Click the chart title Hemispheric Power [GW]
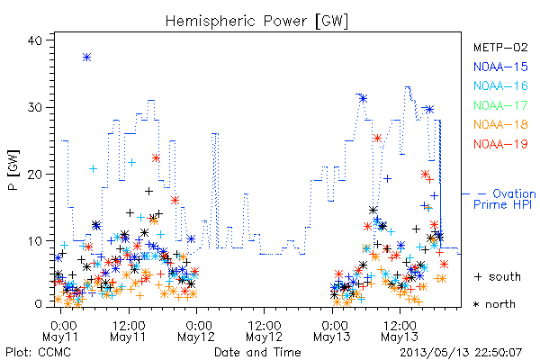tap(256, 22)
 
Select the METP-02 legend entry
tap(500, 47)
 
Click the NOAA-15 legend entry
tap(500, 67)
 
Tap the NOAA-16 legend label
tap(500, 85)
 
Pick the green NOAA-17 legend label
tap(500, 105)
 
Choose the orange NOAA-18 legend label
tap(500, 124)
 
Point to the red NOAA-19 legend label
tap(500, 144)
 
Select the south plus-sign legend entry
tap(498, 276)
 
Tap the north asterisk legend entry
tap(494, 304)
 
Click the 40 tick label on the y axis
tap(34, 40)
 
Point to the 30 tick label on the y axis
tap(34, 107)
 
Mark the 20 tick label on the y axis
tap(34, 175)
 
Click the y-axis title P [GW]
tap(13, 170)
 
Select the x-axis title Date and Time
tap(257, 353)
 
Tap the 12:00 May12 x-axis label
tap(264, 331)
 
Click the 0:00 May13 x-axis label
tap(332, 331)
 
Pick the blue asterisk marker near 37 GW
tap(86, 58)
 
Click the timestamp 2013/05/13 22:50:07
tap(461, 353)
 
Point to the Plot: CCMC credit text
tap(38, 353)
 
